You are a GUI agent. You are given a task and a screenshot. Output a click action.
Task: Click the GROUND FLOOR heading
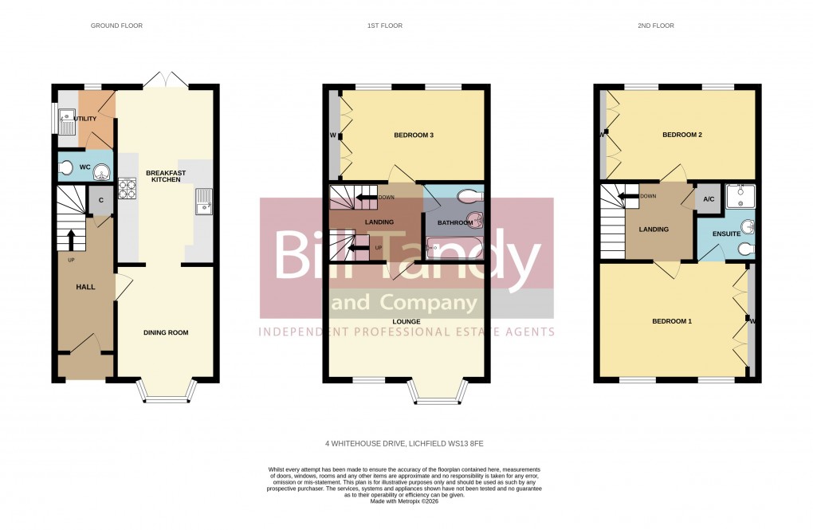point(116,26)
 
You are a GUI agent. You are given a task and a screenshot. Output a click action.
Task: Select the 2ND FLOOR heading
point(655,26)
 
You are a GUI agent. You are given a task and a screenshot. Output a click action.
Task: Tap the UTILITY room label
point(84,119)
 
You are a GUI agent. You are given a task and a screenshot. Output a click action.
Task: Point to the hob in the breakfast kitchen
point(128,190)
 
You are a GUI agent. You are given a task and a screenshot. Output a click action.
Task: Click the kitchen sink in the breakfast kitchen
point(202,201)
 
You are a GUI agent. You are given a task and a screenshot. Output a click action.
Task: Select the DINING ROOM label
point(166,332)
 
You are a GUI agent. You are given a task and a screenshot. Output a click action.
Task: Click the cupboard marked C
point(101,201)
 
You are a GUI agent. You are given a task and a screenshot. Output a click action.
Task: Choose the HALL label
point(85,286)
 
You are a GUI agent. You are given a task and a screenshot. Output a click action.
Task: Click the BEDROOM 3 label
point(414,135)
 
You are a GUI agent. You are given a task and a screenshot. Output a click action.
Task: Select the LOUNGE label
point(406,322)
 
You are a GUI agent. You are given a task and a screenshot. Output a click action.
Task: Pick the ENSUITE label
point(726,234)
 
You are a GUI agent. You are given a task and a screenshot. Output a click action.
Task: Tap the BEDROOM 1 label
point(672,321)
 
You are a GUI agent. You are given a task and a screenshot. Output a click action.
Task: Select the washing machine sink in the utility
point(68,121)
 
